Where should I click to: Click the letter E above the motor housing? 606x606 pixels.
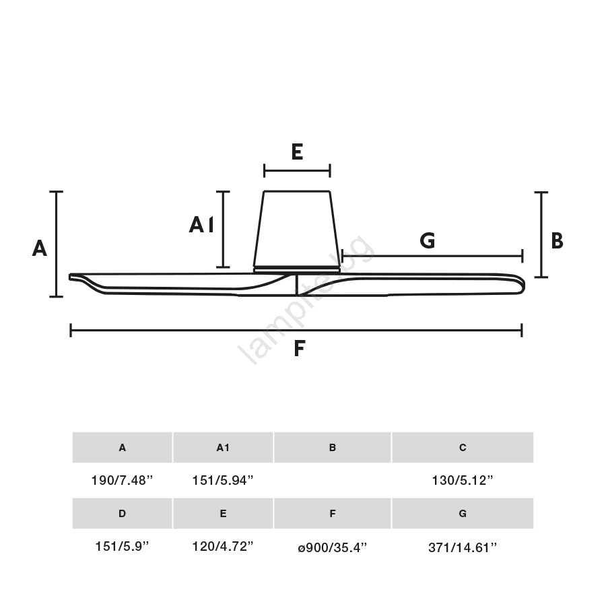(x=297, y=151)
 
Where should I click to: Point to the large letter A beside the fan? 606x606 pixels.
(x=40, y=248)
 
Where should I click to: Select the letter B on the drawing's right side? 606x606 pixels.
(x=557, y=240)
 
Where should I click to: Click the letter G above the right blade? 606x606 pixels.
(x=428, y=240)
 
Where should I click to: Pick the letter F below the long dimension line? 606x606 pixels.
(x=300, y=348)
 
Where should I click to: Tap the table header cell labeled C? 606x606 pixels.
(x=463, y=448)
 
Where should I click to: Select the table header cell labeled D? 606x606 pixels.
(x=122, y=514)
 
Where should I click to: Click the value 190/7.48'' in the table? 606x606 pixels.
(x=122, y=480)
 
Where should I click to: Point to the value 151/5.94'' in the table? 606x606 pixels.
(x=223, y=480)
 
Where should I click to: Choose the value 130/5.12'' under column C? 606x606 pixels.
(x=463, y=480)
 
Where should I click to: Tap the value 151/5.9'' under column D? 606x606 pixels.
(x=122, y=547)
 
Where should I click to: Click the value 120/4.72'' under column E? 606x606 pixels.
(x=223, y=547)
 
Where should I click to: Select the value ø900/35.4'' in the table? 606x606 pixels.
(x=333, y=547)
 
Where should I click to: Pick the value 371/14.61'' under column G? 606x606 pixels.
(x=463, y=547)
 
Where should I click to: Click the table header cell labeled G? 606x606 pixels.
(x=463, y=514)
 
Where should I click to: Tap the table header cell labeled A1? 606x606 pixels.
(x=223, y=448)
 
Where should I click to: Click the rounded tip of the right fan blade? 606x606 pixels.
(x=523, y=285)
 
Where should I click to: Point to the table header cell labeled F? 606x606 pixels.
(x=333, y=514)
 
